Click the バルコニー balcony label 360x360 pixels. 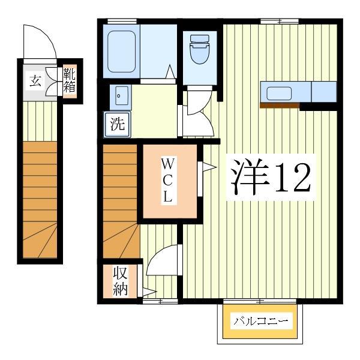(261, 321)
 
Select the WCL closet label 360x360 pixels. (169, 179)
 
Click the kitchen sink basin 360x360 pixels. (280, 94)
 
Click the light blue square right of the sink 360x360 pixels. (324, 92)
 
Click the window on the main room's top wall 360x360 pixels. (280, 22)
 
